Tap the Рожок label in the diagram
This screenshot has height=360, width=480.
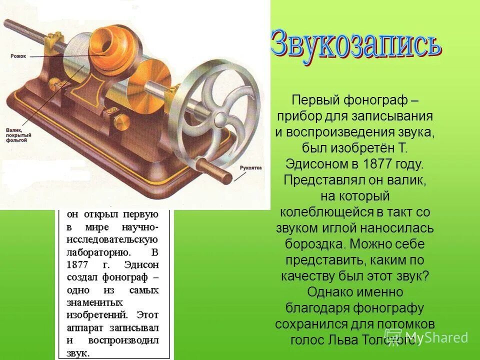pos(18,56)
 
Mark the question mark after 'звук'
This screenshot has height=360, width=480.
pos(426,276)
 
